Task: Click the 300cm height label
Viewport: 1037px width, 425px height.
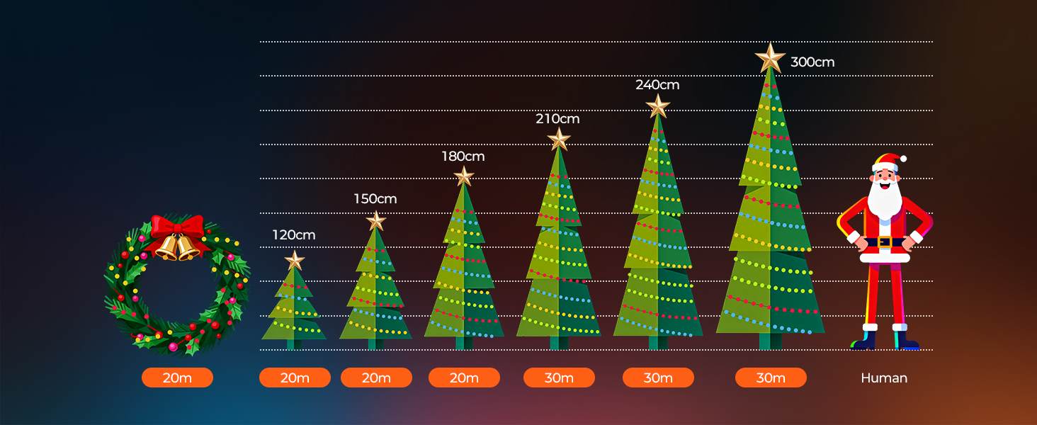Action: [812, 62]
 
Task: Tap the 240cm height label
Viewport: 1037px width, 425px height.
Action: [657, 85]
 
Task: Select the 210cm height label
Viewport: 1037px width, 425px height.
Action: [557, 119]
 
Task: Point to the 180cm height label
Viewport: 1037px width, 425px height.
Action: [463, 157]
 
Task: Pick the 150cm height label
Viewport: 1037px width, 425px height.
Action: [375, 199]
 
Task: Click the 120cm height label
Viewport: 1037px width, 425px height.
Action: [293, 235]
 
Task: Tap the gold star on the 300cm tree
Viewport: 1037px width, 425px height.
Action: [770, 59]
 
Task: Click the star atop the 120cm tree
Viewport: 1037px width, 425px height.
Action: [295, 261]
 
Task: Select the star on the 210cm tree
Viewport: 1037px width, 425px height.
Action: [559, 140]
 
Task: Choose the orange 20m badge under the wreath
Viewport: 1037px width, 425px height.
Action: [177, 378]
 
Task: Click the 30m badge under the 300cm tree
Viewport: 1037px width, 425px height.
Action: [771, 378]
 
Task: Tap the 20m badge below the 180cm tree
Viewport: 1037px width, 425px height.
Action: [465, 378]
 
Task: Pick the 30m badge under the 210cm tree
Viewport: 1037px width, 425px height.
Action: [559, 378]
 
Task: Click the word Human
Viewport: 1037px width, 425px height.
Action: [884, 378]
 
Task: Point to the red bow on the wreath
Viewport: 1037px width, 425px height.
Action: [177, 229]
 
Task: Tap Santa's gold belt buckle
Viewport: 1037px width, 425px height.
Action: [884, 242]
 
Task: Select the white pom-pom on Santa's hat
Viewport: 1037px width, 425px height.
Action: [903, 159]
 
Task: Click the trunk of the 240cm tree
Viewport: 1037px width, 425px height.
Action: [658, 343]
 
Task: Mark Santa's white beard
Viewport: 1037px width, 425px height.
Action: [884, 199]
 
